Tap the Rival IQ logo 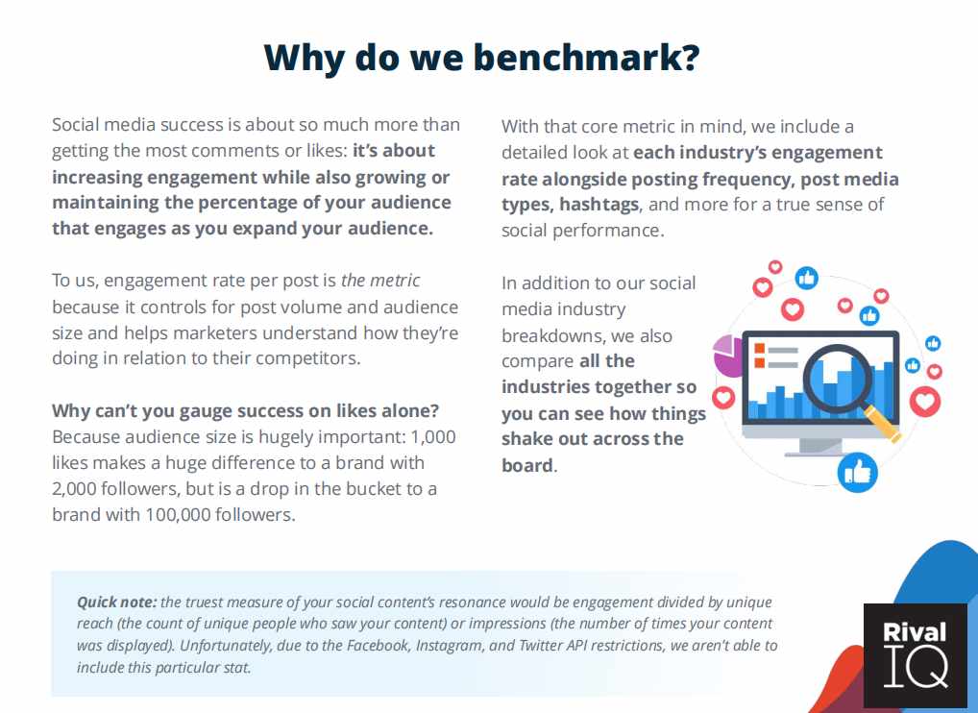click(915, 655)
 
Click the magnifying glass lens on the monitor click(837, 379)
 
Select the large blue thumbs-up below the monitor click(857, 472)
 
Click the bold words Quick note click(116, 602)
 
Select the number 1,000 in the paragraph click(433, 436)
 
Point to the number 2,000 click(74, 488)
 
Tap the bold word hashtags click(599, 205)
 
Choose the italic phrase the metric click(380, 281)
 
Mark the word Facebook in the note click(378, 645)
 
